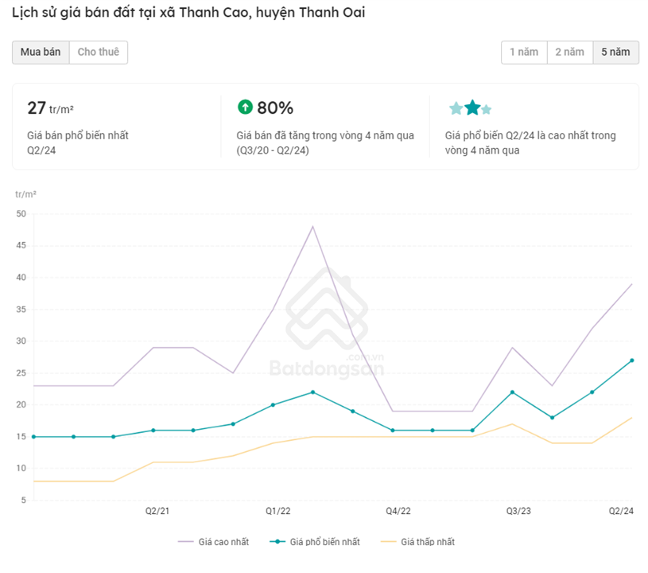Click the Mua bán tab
coord(41,53)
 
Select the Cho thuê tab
coord(99,53)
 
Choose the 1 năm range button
coord(524,53)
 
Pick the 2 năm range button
coord(569,53)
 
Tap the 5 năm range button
coord(615,53)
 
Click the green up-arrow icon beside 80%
coord(245,107)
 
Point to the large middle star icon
coord(472,107)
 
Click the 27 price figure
coord(37,108)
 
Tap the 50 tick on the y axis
coord(21,214)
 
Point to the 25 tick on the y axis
coord(21,373)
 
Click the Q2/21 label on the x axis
coord(157,511)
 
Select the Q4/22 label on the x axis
coord(398,511)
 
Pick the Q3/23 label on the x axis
coord(519,511)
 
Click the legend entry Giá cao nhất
coord(223,542)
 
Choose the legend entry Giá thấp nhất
coord(427,542)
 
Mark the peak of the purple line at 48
coord(312,227)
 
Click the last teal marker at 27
coord(632,361)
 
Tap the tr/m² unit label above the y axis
coord(25,194)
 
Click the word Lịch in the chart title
coord(25,14)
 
